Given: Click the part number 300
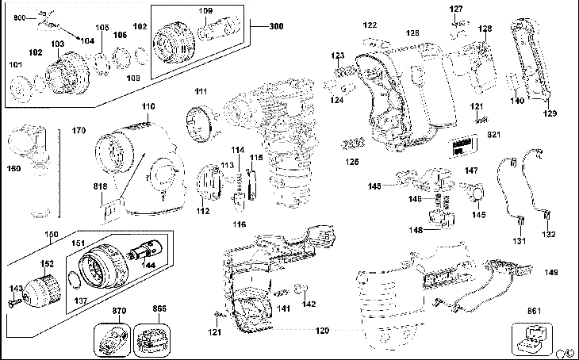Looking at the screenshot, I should click(x=276, y=27).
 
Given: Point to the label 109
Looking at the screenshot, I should click(x=205, y=11).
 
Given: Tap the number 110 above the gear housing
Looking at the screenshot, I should click(x=148, y=106).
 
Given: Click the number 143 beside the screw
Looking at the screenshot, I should click(x=15, y=289).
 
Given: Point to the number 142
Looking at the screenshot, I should click(x=309, y=304).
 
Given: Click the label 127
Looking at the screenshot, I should click(x=456, y=10).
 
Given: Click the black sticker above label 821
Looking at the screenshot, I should click(x=462, y=148).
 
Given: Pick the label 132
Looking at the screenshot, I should click(x=549, y=235).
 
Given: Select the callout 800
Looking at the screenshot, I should click(x=20, y=17).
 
